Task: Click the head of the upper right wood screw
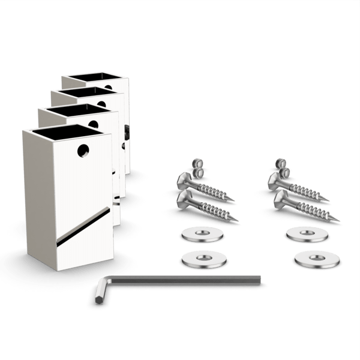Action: coord(279,178)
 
